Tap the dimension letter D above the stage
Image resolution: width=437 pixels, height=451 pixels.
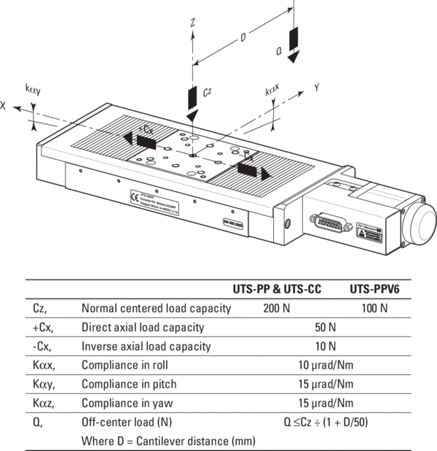tap(243, 37)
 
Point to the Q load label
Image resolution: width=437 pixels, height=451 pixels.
tap(279, 51)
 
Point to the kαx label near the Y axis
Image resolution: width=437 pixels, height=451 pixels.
tap(272, 91)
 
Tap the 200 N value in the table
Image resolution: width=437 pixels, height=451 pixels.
tap(276, 308)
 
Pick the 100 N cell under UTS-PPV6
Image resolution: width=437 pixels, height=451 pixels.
tap(374, 308)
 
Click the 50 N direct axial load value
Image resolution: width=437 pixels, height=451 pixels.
tap(325, 327)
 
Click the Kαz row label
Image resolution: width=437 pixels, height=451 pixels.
tap(42, 403)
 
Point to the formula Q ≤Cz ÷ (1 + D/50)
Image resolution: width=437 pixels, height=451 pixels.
tap(325, 422)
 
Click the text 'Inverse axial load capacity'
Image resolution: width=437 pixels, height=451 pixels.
tap(146, 346)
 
